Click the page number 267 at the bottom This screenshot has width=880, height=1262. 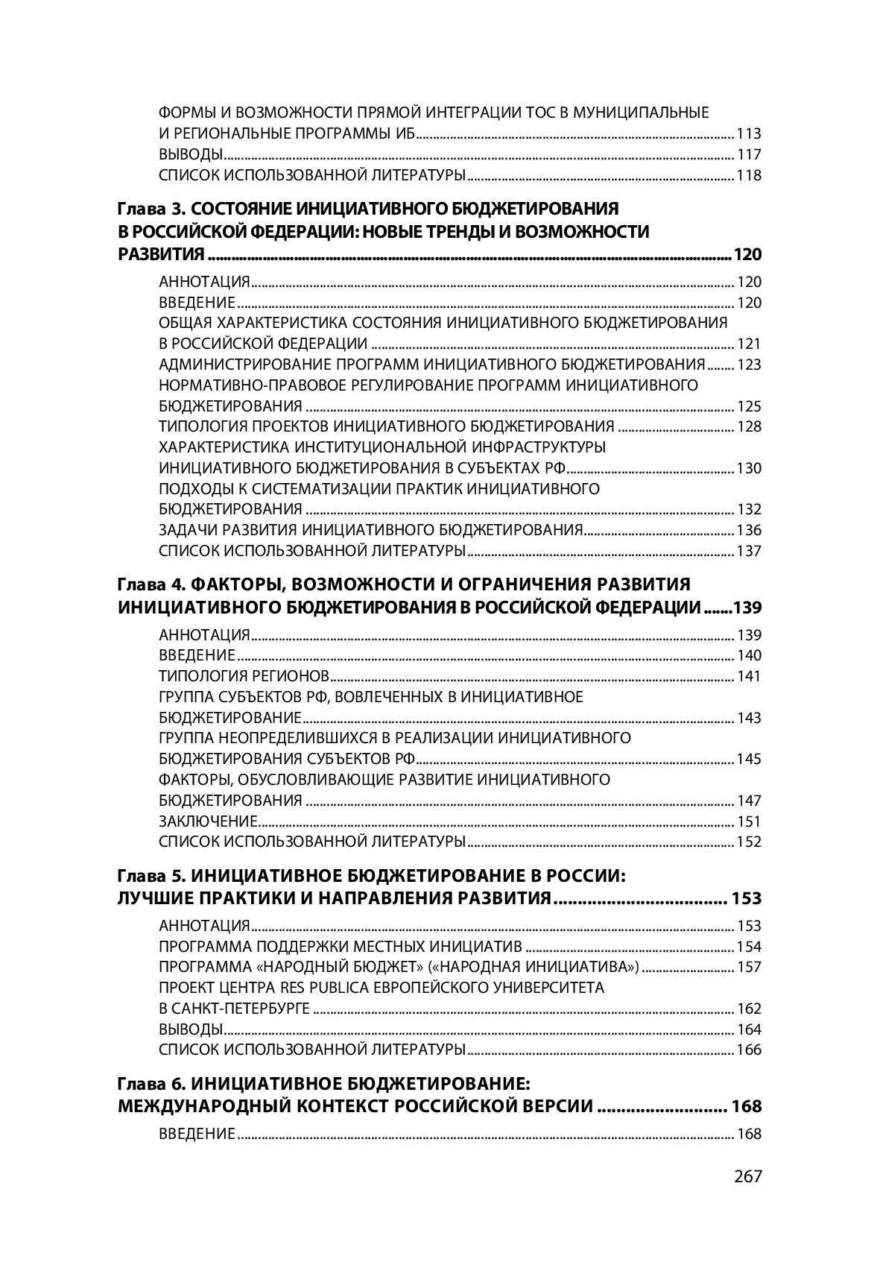point(747,1176)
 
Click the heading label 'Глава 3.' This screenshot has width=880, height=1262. point(145,208)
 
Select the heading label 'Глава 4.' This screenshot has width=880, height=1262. point(145,584)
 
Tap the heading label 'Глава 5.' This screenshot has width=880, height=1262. point(145,875)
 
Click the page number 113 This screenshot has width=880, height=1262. point(748,135)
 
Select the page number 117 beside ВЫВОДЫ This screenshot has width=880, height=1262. point(748,155)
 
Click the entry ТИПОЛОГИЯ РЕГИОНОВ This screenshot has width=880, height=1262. point(244,677)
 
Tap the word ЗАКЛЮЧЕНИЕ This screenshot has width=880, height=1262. point(208,821)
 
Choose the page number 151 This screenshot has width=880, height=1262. point(748,821)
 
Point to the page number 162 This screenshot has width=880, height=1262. point(748,1009)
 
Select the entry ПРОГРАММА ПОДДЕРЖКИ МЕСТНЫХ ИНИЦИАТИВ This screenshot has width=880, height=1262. point(341,947)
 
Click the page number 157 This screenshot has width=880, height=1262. point(748,968)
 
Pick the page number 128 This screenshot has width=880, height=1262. point(748,427)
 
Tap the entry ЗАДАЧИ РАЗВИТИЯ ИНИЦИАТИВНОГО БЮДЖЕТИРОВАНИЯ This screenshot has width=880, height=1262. point(370,531)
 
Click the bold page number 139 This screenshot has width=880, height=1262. point(747,608)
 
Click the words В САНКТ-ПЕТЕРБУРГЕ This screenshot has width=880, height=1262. point(234,1009)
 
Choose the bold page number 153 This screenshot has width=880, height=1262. point(746,898)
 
